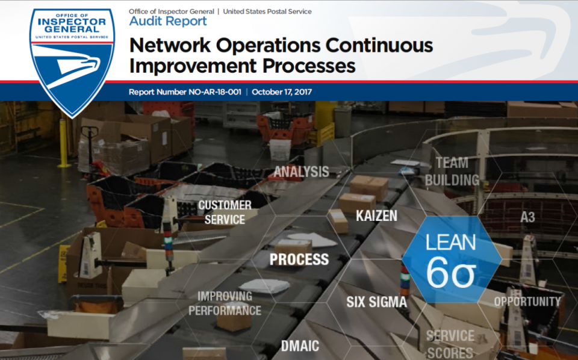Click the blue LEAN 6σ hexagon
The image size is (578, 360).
[x=451, y=259]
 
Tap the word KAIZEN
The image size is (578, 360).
[x=376, y=216]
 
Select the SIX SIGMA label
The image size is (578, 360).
[x=376, y=302]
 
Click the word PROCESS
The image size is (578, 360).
[x=299, y=259]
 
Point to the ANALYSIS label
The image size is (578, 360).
[x=301, y=172]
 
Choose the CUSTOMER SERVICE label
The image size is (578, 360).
[x=225, y=213]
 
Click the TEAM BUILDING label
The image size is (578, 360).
[x=452, y=172]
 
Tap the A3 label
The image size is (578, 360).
[x=527, y=217]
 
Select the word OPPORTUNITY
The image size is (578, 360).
[x=527, y=302]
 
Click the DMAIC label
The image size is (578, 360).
[x=300, y=346]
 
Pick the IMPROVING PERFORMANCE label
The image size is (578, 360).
[x=225, y=303]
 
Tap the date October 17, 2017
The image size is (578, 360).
[x=282, y=92]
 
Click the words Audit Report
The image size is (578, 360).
[x=168, y=21]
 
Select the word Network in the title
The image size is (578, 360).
[x=170, y=45]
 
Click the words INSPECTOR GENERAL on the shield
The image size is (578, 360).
[x=72, y=25]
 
